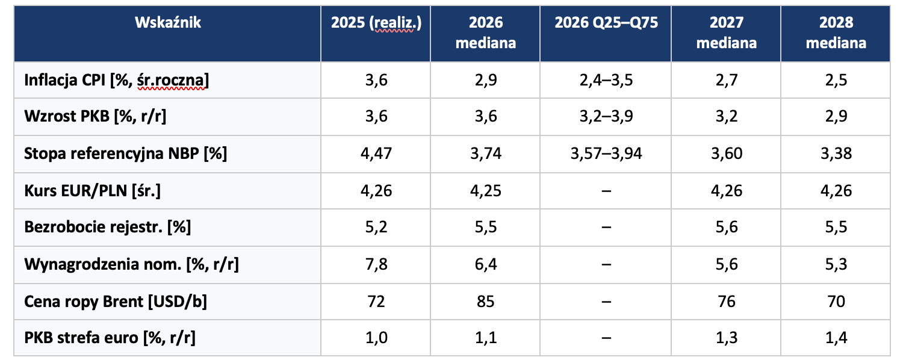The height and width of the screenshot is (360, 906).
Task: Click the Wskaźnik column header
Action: tap(167, 23)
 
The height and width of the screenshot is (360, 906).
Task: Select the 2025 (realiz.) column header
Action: tap(376, 23)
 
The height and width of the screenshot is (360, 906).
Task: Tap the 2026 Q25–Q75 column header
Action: tap(606, 23)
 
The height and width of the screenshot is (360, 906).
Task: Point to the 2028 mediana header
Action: tap(836, 33)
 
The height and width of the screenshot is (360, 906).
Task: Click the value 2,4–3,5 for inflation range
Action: tap(606, 80)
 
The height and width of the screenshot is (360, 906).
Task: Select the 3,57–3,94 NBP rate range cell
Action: tap(606, 154)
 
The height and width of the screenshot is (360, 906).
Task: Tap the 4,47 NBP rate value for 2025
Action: tap(376, 154)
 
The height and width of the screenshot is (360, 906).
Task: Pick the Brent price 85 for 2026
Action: tap(485, 302)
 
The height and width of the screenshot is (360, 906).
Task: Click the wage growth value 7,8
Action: tap(376, 264)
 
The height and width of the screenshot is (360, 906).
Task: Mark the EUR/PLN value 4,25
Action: tap(485, 190)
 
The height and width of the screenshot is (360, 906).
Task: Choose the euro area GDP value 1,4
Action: tap(836, 338)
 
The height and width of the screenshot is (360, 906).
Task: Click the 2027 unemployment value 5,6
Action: tap(727, 227)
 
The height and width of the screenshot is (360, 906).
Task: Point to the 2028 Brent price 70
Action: tap(836, 302)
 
